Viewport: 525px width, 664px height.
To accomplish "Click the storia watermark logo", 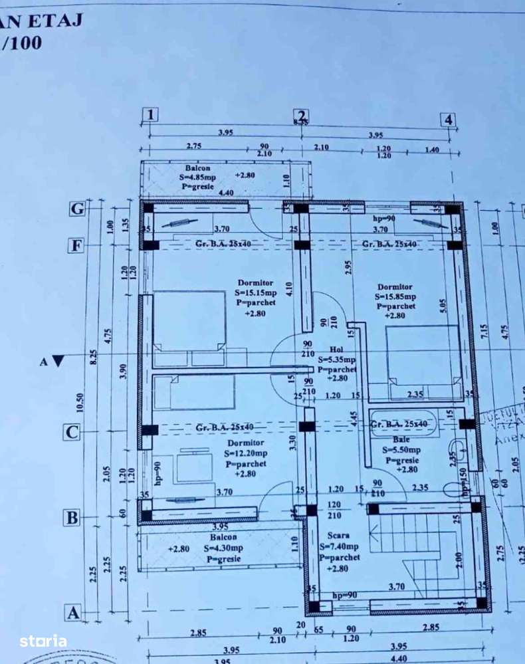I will pos(43,641).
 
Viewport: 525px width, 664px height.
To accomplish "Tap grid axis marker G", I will pos(78,209).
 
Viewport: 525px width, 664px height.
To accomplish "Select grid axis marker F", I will pos(78,245).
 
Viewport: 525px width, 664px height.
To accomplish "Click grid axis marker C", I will pos(72,432).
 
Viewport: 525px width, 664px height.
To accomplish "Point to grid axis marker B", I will pos(72,517).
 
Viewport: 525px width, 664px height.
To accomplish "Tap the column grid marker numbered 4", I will pos(449,120).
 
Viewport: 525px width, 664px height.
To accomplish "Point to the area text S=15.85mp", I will pos(396,296).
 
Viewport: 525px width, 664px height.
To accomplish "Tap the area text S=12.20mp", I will pos(246,453).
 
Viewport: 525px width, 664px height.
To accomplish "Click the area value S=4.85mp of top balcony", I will pos(197,177).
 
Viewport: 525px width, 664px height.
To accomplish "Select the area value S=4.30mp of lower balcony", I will pos(223,548).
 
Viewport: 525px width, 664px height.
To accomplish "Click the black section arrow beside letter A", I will pos(58,362).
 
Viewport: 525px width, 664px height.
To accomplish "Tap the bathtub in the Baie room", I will pos(403,423).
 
